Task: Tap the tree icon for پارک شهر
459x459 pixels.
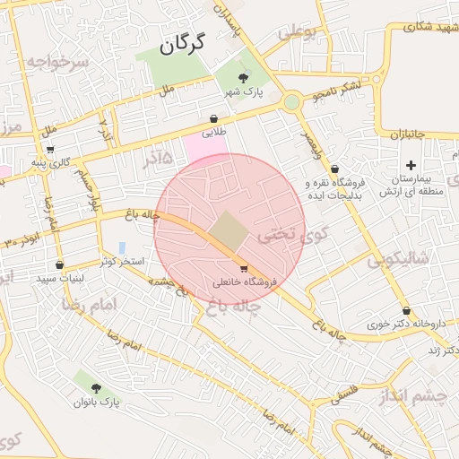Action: tap(245, 78)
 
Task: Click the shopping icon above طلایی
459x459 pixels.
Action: tap(213, 118)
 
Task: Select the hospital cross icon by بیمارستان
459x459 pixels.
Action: tap(411, 165)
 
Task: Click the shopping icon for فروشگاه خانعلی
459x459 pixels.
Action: tap(243, 268)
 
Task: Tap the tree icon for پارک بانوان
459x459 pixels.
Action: tap(96, 387)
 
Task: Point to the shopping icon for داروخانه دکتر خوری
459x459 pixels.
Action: tap(381, 310)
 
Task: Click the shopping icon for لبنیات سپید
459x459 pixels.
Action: tap(60, 264)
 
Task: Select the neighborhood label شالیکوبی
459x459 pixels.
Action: tap(399, 259)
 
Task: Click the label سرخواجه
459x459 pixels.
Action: tap(59, 63)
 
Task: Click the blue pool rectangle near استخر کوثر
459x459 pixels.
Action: tap(121, 247)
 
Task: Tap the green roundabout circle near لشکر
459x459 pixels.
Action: tap(292, 102)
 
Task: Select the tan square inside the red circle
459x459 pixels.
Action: tap(229, 231)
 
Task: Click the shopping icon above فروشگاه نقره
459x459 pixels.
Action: tap(334, 169)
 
